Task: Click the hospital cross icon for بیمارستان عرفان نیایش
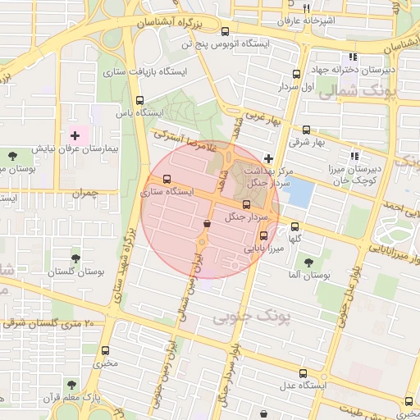pos(75,135)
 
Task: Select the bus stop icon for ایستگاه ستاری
pos(167,179)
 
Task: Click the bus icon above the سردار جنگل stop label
pos(246,203)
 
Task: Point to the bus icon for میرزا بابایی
pos(262,235)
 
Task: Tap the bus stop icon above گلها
pos(295,226)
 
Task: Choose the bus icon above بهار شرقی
pos(307,130)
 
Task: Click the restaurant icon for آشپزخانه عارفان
pos(305,7)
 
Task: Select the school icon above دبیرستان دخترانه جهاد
pos(353,57)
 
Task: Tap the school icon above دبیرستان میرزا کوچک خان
pos(354,156)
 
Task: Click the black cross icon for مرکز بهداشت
pos(269,157)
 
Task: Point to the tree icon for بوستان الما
pos(308,262)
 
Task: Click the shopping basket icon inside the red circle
pos(205,223)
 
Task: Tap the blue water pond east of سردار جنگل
pos(300,192)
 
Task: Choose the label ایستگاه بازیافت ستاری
pos(145,71)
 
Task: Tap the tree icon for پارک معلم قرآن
pos(72,384)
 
